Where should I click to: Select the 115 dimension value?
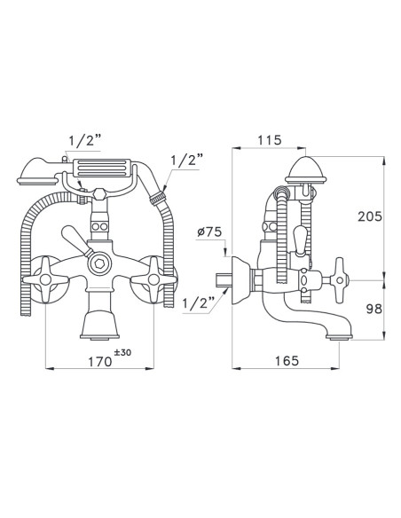click(269, 139)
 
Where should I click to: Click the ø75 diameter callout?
click(209, 232)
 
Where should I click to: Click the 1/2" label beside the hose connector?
click(185, 162)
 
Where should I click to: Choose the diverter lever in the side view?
click(302, 239)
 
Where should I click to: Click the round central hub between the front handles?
click(99, 263)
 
